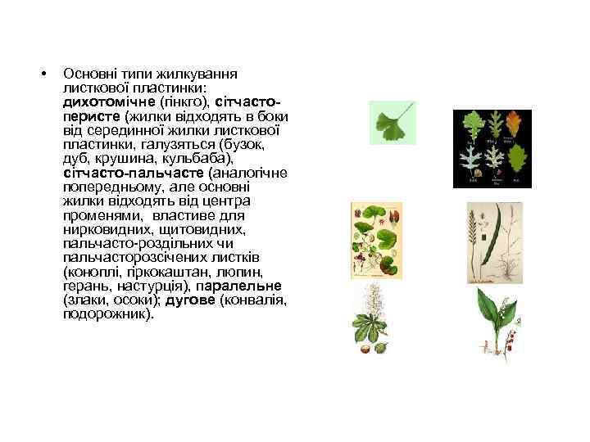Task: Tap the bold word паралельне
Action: tap(243, 286)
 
